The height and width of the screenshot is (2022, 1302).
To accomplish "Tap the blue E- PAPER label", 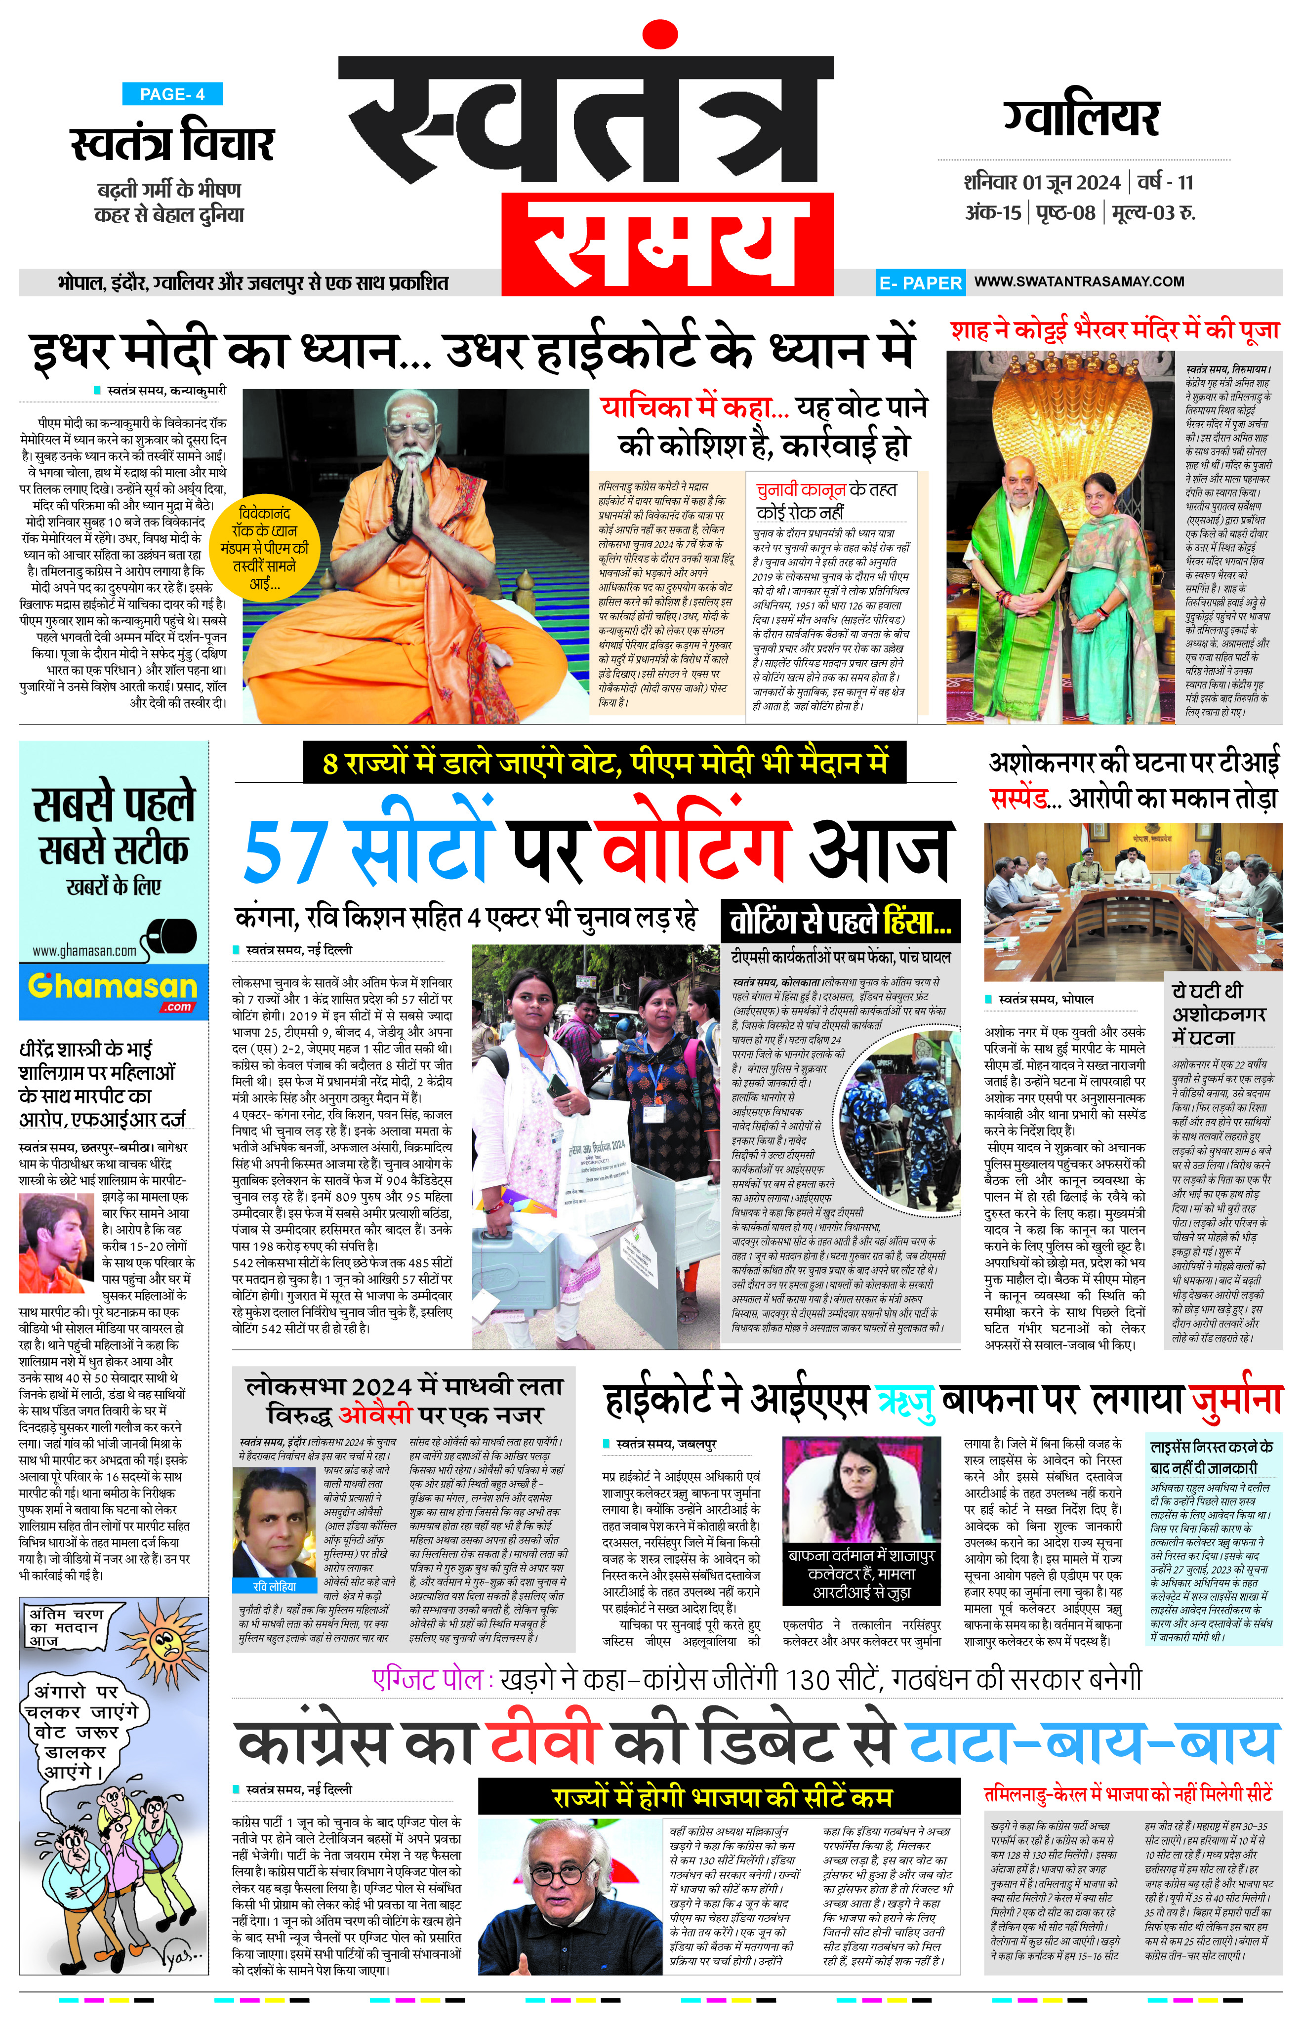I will coord(920,283).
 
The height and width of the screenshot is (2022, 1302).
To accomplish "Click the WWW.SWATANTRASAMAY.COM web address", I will coord(1079,282).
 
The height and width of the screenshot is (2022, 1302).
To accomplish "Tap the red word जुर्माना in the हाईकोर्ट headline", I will coord(1236,1401).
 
